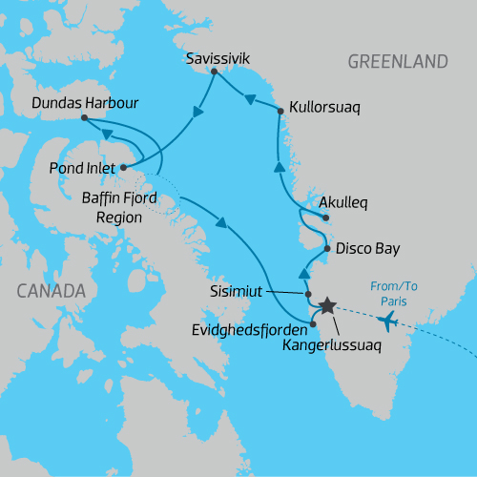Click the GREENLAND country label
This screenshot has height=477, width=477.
coord(397,62)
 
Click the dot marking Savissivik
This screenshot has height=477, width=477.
coord(214,72)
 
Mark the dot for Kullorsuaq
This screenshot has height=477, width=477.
coord(280,112)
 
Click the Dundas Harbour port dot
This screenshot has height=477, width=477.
coord(84,118)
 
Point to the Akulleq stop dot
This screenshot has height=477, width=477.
coord(326,218)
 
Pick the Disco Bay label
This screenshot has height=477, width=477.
coord(367,249)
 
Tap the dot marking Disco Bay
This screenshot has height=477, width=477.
coord(326,250)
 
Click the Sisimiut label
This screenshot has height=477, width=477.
coord(236,286)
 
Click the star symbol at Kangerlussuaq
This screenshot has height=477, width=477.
coord(327,305)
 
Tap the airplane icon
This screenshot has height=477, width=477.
coord(388,321)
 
